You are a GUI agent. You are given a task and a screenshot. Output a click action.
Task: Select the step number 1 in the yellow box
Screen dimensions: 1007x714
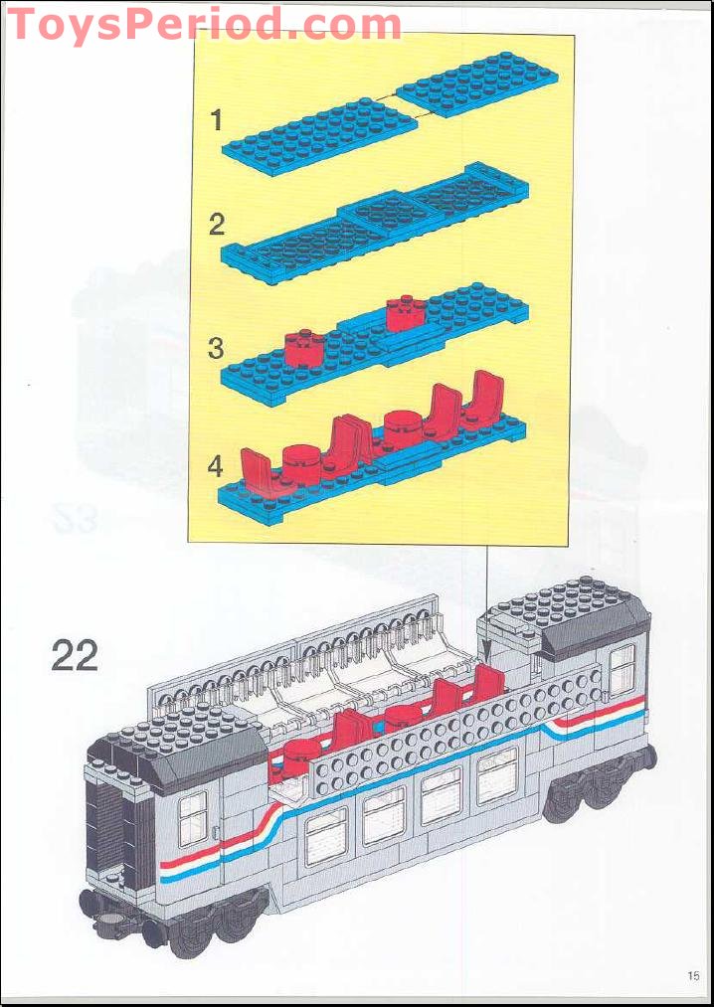click(x=217, y=121)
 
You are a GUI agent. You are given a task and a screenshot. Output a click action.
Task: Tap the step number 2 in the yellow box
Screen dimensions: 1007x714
click(x=217, y=225)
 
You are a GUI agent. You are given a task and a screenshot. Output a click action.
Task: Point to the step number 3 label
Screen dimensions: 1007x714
click(x=216, y=349)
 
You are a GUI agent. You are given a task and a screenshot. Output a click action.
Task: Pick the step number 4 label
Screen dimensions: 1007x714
click(x=216, y=465)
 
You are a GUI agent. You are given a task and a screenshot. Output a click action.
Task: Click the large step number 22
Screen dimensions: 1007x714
click(x=75, y=656)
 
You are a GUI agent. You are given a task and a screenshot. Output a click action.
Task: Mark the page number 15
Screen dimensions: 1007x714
click(x=693, y=975)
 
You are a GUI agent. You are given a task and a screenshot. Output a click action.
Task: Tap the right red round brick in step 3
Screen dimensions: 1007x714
click(x=406, y=314)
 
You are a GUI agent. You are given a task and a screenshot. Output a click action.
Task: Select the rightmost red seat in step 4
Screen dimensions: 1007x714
click(x=486, y=395)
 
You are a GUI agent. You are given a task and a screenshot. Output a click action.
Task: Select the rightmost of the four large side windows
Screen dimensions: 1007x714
click(x=496, y=774)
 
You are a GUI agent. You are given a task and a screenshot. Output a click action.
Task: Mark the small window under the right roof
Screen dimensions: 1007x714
click(x=622, y=668)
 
